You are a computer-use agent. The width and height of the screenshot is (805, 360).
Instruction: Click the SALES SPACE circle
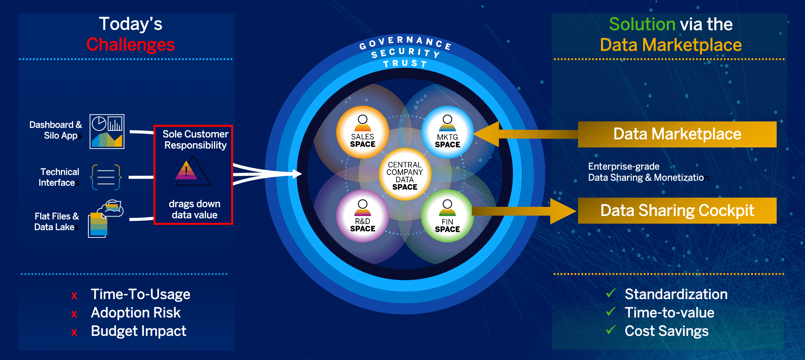(362, 132)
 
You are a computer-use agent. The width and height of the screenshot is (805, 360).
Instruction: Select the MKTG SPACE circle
(447, 132)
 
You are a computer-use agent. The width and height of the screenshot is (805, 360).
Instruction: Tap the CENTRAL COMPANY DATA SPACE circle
(405, 174)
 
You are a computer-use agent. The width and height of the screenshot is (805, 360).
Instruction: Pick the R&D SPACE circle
(362, 216)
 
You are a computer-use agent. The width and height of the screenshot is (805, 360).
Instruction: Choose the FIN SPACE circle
(447, 216)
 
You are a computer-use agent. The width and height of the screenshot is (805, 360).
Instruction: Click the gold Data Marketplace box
(677, 134)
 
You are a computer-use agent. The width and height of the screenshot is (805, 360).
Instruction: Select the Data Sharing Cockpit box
(677, 211)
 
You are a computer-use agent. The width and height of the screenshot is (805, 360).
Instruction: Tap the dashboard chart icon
(107, 131)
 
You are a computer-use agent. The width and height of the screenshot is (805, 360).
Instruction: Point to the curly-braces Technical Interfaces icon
(106, 177)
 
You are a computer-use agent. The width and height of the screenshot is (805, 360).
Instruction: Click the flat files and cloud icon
(106, 218)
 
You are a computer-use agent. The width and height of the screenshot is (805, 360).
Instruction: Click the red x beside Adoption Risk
(74, 314)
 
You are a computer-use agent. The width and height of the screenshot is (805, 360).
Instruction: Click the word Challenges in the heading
(131, 44)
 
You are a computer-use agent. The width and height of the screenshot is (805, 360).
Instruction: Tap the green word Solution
(642, 24)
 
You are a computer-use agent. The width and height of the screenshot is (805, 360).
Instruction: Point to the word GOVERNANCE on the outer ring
(405, 43)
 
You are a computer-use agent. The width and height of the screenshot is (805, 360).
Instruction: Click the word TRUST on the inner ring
(405, 64)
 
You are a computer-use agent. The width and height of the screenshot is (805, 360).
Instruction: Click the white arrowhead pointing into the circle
(297, 174)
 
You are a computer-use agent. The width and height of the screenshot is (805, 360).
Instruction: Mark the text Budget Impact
(139, 331)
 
